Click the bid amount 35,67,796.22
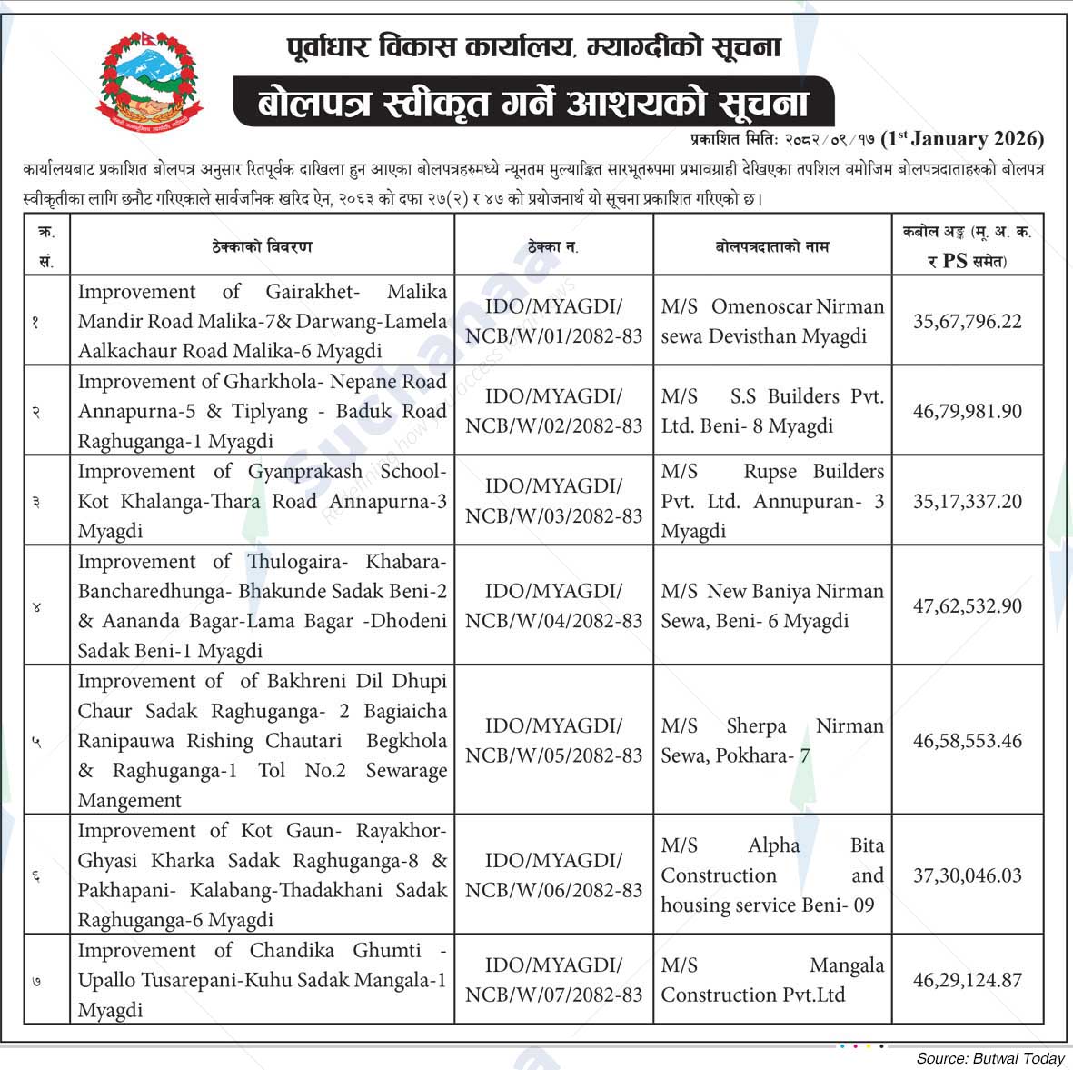pos(967,322)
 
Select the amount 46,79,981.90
pos(967,411)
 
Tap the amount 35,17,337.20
pos(967,501)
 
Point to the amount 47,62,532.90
pos(967,605)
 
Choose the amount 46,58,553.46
pos(967,741)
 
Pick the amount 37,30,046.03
pos(967,875)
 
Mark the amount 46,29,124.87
pos(967,980)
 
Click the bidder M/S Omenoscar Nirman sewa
pos(772,322)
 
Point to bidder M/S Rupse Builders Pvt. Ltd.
pos(772,501)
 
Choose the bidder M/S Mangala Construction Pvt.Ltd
pos(772,980)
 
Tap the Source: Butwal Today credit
pos(989,1058)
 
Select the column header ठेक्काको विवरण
pos(262,246)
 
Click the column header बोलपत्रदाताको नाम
pos(772,246)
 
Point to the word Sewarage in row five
pos(406,771)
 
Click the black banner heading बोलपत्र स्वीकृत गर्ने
pos(532,102)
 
